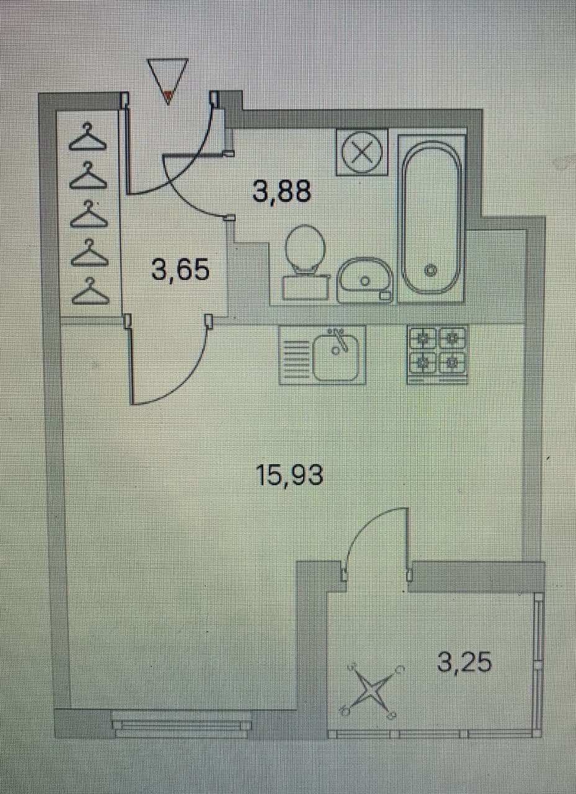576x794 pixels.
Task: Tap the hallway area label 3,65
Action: tap(181, 270)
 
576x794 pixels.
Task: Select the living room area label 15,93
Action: tap(290, 475)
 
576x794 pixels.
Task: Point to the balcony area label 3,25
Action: tap(464, 662)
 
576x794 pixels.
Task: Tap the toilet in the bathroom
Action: tap(305, 261)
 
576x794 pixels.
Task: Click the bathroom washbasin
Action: tap(365, 280)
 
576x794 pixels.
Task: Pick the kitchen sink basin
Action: tap(336, 356)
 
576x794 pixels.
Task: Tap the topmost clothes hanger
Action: tap(88, 138)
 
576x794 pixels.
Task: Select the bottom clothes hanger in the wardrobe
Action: tap(90, 292)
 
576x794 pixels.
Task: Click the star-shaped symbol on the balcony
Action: tap(371, 690)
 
